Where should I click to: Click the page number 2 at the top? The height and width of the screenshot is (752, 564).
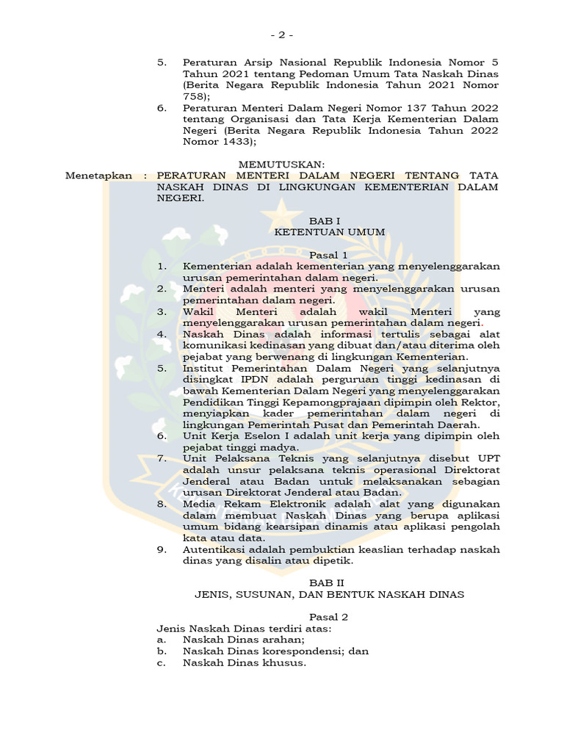281,35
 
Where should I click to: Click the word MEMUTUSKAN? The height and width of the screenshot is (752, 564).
281,164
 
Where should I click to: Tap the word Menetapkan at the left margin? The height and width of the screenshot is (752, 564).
99,176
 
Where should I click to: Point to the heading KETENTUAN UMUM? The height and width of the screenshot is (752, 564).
329,231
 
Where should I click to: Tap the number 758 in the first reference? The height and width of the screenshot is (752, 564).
194,96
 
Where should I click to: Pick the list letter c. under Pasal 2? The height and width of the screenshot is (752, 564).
162,662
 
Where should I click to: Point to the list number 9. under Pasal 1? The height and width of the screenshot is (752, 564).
162,549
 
